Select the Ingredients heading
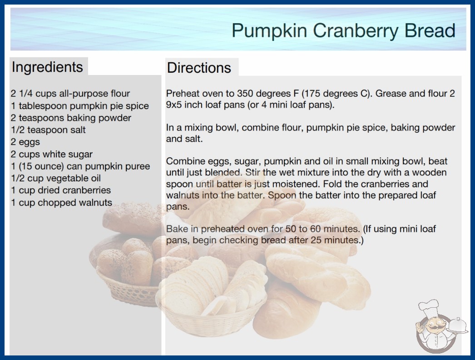(x=47, y=67)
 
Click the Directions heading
(x=199, y=68)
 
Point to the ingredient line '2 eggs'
(x=25, y=142)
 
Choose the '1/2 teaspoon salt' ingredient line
(x=48, y=130)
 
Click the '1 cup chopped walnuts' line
(x=61, y=202)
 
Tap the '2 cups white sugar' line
(x=51, y=154)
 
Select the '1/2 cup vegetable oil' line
(x=56, y=178)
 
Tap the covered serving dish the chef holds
(x=458, y=326)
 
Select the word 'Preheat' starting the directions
(x=183, y=94)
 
